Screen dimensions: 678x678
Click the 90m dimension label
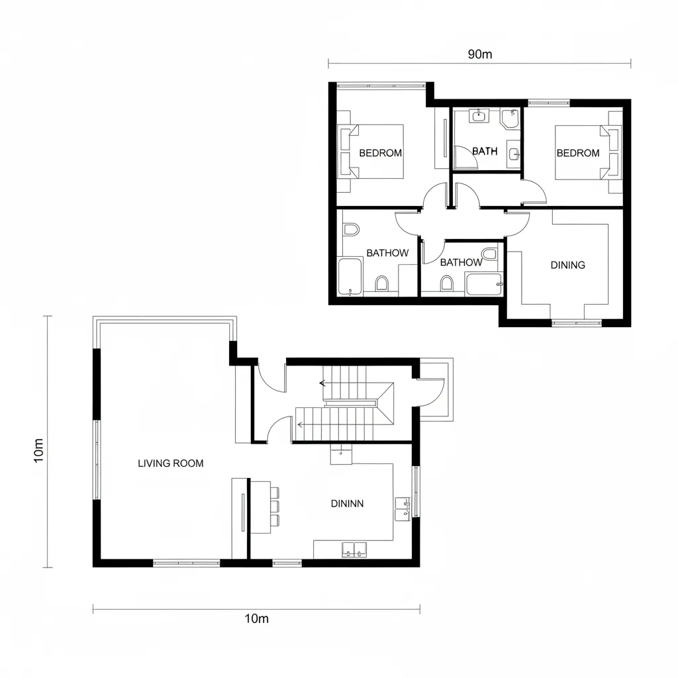[479, 54]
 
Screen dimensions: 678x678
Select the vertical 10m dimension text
[39, 450]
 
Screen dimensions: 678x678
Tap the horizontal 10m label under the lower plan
[256, 618]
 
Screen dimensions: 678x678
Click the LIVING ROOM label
[171, 463]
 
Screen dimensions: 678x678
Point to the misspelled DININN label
[347, 503]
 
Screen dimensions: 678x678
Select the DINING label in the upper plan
[567, 265]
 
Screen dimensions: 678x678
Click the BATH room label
[485, 151]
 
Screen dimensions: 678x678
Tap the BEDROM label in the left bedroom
[380, 153]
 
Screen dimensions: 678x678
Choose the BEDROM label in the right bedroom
[577, 153]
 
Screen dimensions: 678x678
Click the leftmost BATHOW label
[387, 253]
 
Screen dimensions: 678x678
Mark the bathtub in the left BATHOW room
[350, 277]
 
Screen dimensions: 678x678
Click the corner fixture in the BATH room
[509, 119]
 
